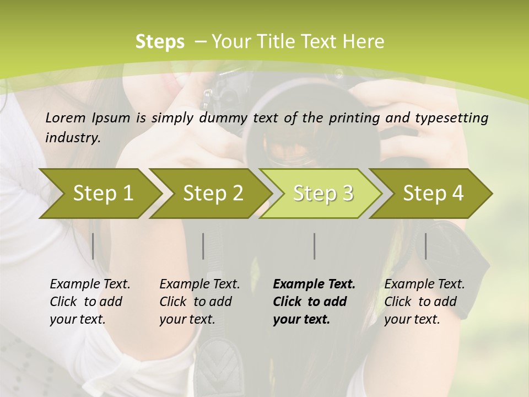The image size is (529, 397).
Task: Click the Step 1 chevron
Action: click(x=103, y=193)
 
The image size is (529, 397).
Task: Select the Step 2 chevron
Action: click(x=213, y=193)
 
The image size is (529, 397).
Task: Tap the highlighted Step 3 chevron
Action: click(x=323, y=193)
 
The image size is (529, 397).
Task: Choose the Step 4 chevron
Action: click(x=433, y=193)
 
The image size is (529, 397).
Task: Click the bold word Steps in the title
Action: click(x=160, y=41)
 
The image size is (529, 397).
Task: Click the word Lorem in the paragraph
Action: click(x=65, y=117)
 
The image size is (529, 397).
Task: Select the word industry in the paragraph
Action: click(x=73, y=137)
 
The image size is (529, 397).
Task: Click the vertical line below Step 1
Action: click(x=93, y=246)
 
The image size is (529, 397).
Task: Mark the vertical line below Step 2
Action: click(x=203, y=246)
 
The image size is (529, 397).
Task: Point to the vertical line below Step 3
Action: click(x=314, y=246)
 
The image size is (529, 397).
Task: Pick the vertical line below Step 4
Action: click(x=425, y=246)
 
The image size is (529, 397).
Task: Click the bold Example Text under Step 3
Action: click(x=314, y=284)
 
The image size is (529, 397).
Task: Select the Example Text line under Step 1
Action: click(x=90, y=284)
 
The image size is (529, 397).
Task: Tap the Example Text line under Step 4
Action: click(x=424, y=284)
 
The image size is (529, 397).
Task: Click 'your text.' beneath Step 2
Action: click(x=187, y=319)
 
